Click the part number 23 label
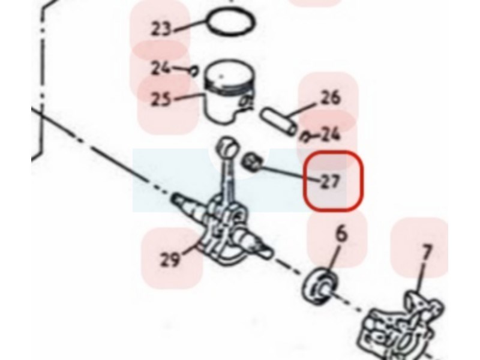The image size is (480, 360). coord(161,29)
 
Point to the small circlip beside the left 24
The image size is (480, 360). coord(193,71)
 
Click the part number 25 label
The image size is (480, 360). coord(161,98)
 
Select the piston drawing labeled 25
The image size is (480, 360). coord(229,91)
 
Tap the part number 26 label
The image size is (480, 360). coord(330,97)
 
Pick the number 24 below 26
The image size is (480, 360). coord(330,134)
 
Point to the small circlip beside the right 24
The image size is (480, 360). coord(305,137)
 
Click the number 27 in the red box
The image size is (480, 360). coord(330,182)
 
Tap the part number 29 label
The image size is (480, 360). coord(170,260)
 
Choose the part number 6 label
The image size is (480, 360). coord(341,233)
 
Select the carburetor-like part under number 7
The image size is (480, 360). coord(401,328)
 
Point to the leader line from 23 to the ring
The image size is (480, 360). coord(190,25)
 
